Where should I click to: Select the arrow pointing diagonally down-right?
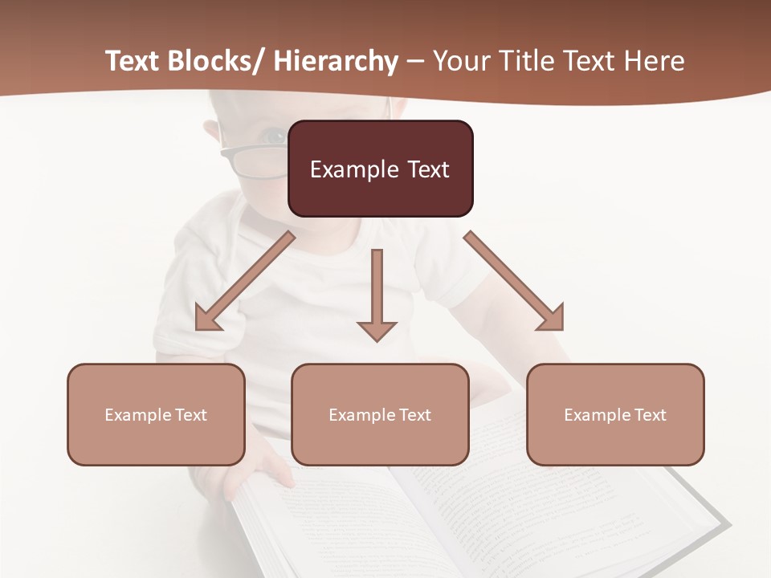514,281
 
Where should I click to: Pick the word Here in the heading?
654,62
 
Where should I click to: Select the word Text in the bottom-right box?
648,415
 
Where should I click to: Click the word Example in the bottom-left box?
137,415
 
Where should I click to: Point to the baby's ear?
211,132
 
